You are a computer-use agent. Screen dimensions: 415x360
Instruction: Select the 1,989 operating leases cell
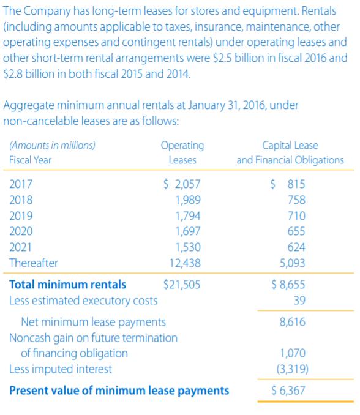[188, 200]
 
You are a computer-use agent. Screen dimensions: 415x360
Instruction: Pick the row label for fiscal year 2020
[21, 231]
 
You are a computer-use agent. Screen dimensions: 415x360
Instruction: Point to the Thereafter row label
[34, 263]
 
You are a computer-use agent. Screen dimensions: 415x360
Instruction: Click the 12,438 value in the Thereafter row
[186, 263]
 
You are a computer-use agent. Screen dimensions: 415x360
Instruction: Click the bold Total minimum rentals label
[68, 284]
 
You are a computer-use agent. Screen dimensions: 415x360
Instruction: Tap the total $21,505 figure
[182, 284]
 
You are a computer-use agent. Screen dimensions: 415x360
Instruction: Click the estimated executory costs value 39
[299, 300]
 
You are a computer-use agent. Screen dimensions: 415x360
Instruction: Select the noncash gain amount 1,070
[293, 353]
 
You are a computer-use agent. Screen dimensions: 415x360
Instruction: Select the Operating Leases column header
[182, 152]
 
